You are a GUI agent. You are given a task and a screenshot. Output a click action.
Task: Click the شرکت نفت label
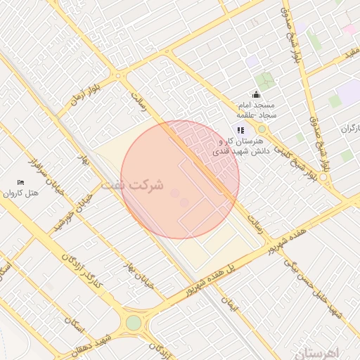coord(133,186)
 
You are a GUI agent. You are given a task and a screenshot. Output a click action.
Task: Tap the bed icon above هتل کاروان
coord(20,183)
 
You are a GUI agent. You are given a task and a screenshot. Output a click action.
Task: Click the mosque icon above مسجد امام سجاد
coord(255,95)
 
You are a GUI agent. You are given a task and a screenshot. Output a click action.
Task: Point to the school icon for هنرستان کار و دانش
coord(240,129)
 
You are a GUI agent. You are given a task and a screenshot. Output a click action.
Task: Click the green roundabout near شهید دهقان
coord(134,323)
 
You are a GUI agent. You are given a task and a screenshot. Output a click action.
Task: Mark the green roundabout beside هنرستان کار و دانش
coord(262,129)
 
